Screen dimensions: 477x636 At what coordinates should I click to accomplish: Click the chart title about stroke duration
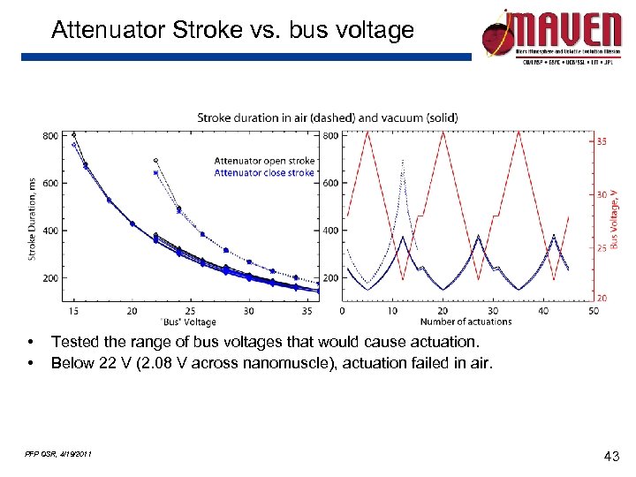[327, 117]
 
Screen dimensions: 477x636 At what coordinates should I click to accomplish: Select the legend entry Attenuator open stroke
[264, 161]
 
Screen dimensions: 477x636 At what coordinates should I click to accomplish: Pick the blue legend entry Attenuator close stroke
[264, 173]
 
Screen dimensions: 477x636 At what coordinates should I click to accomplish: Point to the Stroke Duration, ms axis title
[33, 217]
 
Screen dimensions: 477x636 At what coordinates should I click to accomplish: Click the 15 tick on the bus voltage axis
[73, 311]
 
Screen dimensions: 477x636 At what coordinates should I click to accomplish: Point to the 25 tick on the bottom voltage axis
[190, 311]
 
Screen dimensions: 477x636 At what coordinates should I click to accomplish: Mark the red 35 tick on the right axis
[602, 141]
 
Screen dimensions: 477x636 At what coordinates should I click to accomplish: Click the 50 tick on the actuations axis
[594, 311]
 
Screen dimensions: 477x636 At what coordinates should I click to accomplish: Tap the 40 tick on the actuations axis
[543, 311]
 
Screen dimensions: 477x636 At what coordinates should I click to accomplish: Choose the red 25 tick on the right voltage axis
[602, 248]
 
